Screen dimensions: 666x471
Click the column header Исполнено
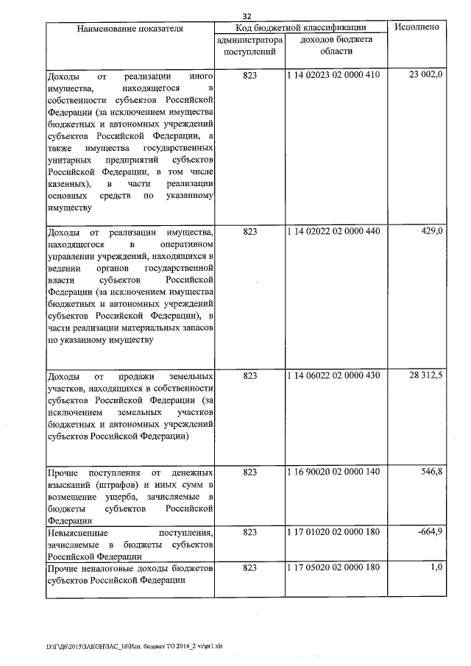coord(417,27)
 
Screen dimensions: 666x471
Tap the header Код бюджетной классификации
coord(300,27)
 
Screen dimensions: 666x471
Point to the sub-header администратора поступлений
coord(250,46)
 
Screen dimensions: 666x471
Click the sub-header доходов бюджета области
coord(336,46)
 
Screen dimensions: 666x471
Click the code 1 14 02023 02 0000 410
coord(334,76)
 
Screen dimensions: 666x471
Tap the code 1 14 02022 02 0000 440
coord(334,231)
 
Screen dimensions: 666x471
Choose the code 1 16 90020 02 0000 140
coord(334,471)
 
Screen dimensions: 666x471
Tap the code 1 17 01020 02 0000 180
coord(334,531)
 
